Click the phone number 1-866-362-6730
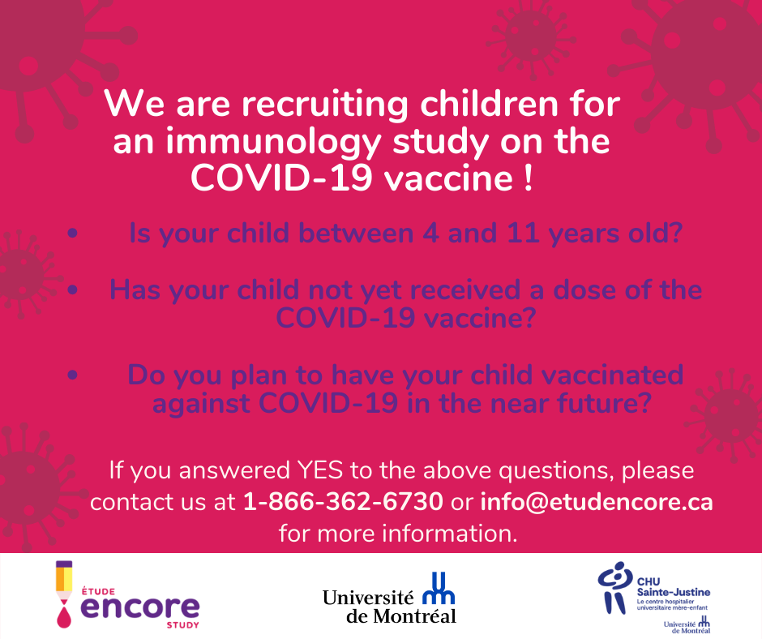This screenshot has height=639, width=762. (343, 501)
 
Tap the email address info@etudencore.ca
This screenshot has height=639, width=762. (597, 501)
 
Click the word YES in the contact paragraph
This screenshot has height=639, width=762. (319, 470)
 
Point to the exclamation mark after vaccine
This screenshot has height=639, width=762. (529, 178)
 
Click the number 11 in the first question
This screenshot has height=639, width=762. (523, 234)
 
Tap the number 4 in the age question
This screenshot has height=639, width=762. (430, 234)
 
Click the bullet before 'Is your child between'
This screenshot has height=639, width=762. (73, 234)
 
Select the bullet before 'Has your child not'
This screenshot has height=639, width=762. (73, 290)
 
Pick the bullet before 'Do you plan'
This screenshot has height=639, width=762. (73, 375)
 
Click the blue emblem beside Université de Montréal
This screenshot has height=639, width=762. (439, 588)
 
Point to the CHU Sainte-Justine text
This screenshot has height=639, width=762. (673, 587)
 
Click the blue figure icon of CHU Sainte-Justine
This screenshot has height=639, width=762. (614, 588)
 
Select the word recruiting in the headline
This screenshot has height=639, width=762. (325, 105)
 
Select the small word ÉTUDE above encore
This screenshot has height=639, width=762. (98, 591)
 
